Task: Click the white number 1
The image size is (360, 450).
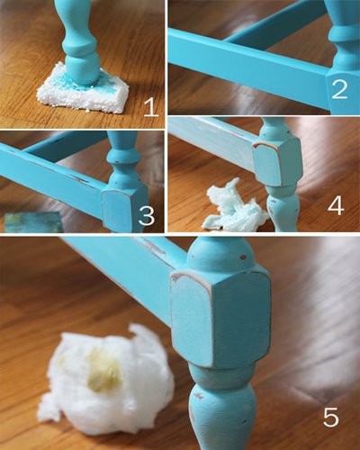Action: tap(151, 108)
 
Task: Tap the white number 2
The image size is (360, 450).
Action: tap(339, 89)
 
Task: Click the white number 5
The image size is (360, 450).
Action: tap(331, 416)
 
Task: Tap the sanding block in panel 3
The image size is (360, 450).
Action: tap(33, 222)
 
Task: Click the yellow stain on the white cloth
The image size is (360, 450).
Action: tap(103, 371)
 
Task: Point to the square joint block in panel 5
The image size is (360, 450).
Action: tap(220, 318)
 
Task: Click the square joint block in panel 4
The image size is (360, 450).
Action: tap(276, 162)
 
